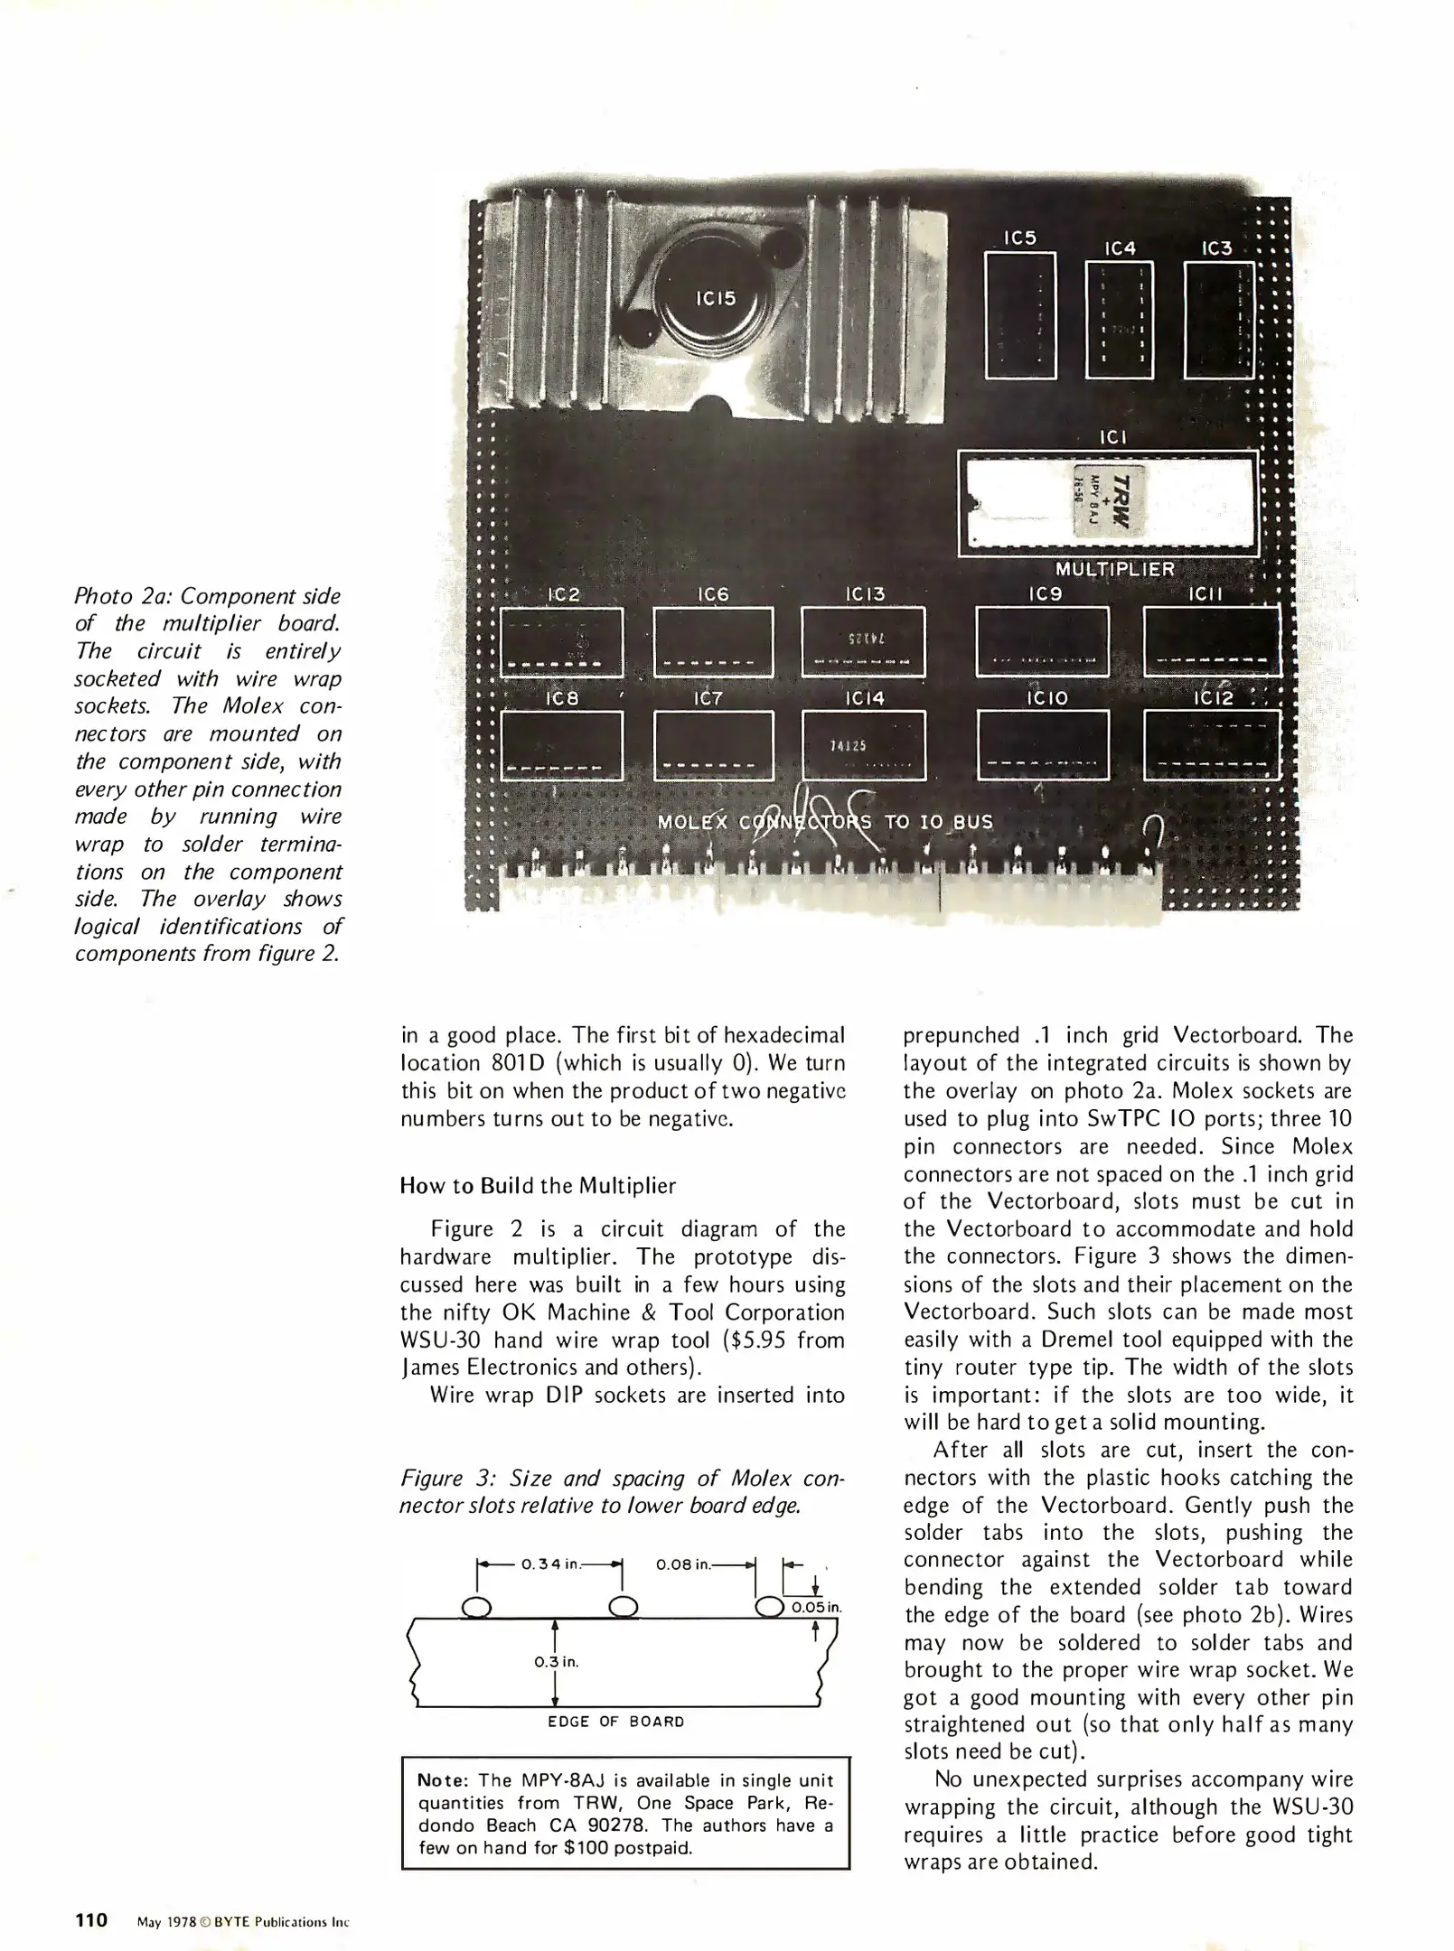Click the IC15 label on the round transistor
tap(715, 298)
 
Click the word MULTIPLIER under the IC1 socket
tap(1114, 569)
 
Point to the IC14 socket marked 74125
tap(863, 745)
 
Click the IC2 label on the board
tap(563, 595)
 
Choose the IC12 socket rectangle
tap(1211, 745)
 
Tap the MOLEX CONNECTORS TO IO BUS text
tap(824, 823)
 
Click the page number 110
tap(91, 1919)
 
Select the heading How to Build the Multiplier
tap(538, 1186)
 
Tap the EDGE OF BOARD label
tap(616, 1722)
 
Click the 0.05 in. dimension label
tap(816, 1608)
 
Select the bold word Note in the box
tap(440, 1780)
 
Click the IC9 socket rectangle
tap(1042, 642)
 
